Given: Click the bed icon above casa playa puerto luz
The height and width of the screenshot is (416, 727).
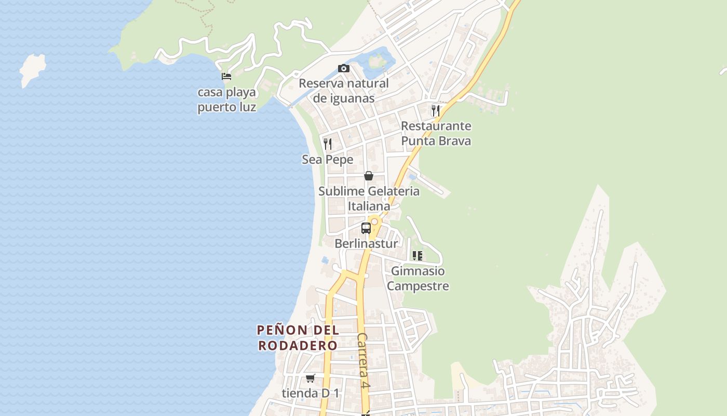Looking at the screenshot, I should (x=226, y=76).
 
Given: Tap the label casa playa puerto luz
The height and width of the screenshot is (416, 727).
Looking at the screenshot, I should (x=227, y=100).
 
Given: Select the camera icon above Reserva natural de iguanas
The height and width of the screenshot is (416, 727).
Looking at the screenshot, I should (x=343, y=68).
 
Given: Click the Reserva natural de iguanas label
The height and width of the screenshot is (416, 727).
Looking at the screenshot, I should (x=344, y=90).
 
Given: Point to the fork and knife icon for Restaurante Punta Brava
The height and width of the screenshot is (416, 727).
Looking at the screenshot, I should (x=436, y=110).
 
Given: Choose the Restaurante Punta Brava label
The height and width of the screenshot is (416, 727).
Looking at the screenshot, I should (x=436, y=134).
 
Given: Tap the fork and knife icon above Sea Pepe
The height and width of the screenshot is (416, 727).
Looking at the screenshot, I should (x=328, y=144).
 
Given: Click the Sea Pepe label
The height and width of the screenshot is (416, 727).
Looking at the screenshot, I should (x=328, y=160).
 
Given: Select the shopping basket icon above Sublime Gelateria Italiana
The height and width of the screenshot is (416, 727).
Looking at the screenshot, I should (x=369, y=176).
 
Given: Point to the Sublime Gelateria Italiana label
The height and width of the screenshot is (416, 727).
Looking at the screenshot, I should (x=369, y=199).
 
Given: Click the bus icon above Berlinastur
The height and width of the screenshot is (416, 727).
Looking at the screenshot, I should (x=366, y=228).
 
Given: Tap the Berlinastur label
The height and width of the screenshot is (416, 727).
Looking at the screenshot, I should (x=366, y=243).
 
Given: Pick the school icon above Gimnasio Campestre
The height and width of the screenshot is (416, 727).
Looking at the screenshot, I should (x=418, y=255).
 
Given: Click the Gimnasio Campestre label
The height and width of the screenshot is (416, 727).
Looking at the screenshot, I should (x=418, y=278).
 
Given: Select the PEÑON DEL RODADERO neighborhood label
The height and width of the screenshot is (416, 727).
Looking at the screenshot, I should (x=298, y=337).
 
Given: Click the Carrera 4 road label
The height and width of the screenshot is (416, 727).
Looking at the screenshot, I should (x=363, y=360).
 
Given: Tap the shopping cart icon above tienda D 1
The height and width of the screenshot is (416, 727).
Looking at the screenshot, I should (x=311, y=378).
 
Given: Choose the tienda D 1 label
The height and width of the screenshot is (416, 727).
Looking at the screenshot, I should (x=311, y=393).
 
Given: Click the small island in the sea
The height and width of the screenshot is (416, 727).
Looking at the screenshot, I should (x=32, y=69).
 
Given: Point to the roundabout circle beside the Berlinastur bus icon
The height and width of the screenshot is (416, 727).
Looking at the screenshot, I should (x=374, y=222).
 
